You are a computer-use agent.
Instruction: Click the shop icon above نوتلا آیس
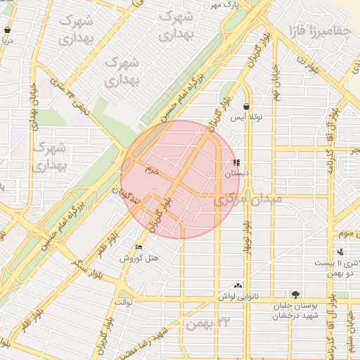pyautogui.click(x=246, y=108)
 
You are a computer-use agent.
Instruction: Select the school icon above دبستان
pyautogui.click(x=236, y=162)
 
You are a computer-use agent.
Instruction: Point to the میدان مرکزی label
pyautogui.click(x=247, y=201)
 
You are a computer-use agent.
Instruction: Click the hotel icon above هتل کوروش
pyautogui.click(x=139, y=247)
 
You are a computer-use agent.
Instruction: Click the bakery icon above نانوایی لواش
pyautogui.click(x=238, y=285)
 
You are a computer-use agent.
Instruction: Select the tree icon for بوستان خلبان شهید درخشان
pyautogui.click(x=295, y=295)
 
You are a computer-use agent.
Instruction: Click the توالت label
pyautogui.click(x=124, y=302)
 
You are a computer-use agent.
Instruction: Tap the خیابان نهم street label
pyautogui.click(x=276, y=82)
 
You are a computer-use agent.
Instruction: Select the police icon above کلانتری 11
pyautogui.click(x=341, y=252)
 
